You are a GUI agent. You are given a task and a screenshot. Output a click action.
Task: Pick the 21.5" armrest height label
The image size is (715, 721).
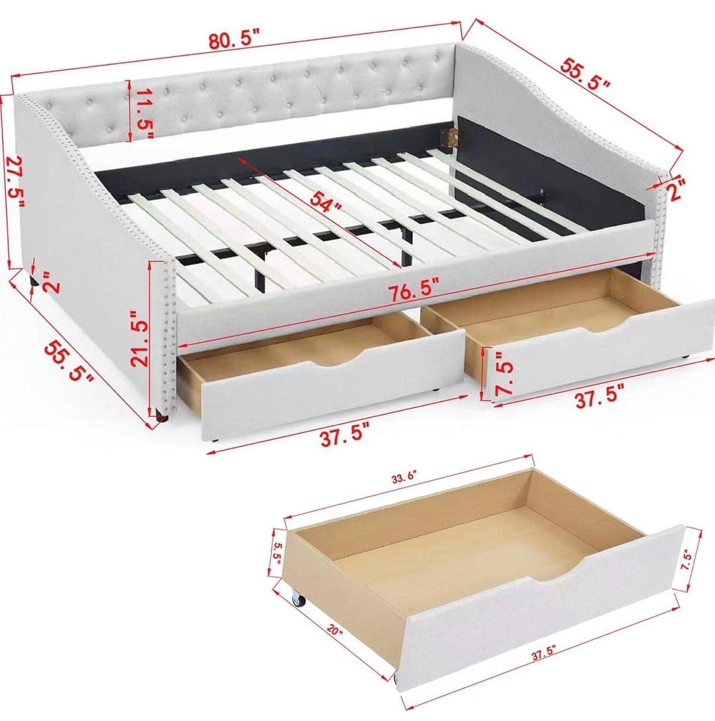click(x=141, y=339)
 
